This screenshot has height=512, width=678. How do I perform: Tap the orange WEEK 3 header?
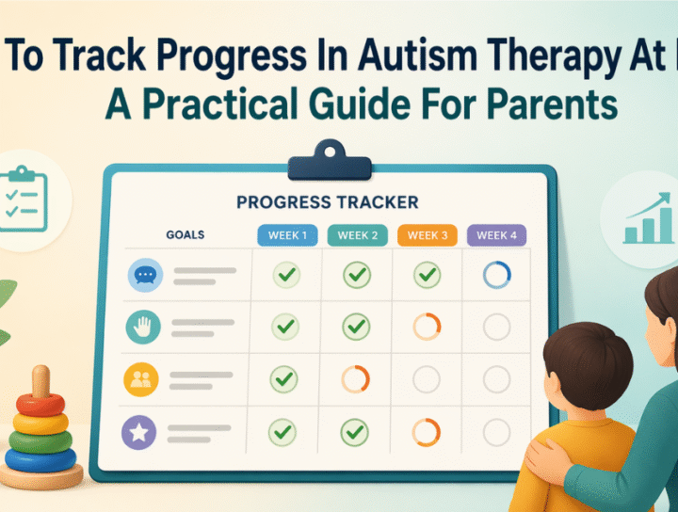pos(427,235)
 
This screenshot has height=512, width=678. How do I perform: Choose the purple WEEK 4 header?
pos(496,235)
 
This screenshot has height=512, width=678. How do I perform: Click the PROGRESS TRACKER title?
pos(327,202)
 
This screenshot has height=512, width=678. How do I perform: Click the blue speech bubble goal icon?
pos(144,275)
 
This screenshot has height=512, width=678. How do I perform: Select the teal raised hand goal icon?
pos(144,327)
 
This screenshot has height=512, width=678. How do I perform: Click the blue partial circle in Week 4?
pos(496,275)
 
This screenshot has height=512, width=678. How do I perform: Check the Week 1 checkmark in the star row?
pos(284,433)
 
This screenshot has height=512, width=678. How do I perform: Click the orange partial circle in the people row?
pos(356,379)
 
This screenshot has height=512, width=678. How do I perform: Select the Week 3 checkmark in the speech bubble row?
pos(427,275)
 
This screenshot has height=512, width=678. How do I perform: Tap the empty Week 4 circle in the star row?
pos(496,433)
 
